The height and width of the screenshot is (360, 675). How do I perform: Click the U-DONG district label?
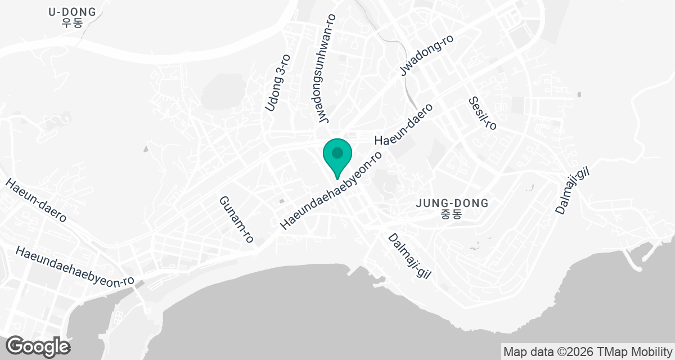pyautogui.click(x=72, y=12)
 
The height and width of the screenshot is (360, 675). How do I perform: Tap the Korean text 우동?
pyautogui.click(x=72, y=24)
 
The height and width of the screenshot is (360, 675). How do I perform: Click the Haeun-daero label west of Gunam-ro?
pyautogui.click(x=37, y=200)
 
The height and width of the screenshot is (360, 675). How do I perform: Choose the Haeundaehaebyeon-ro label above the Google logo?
pyautogui.click(x=75, y=267)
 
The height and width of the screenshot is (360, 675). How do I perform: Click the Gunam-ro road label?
pyautogui.click(x=236, y=219)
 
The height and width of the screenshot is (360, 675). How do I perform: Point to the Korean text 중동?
pyautogui.click(x=451, y=214)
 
